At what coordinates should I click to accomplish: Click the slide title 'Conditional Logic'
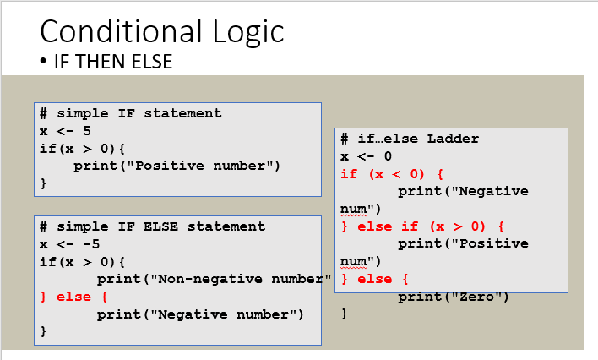161,31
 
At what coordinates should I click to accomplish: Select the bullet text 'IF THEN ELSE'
113,62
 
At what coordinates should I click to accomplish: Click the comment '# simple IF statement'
130,113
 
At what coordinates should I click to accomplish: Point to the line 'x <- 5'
65,131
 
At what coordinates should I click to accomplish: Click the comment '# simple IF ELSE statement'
152,226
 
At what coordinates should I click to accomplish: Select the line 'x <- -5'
69,244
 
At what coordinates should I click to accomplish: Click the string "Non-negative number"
241,279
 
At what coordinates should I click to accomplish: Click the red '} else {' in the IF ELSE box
74,297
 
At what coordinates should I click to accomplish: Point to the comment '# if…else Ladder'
410,139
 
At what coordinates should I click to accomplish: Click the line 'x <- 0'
366,156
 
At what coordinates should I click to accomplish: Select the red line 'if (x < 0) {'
392,174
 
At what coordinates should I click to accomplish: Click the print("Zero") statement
454,297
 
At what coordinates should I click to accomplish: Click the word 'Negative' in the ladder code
493,191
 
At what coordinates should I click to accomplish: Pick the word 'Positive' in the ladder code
493,243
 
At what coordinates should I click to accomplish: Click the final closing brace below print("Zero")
345,314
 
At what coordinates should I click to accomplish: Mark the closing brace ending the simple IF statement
43,183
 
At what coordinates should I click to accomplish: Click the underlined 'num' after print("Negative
354,210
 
